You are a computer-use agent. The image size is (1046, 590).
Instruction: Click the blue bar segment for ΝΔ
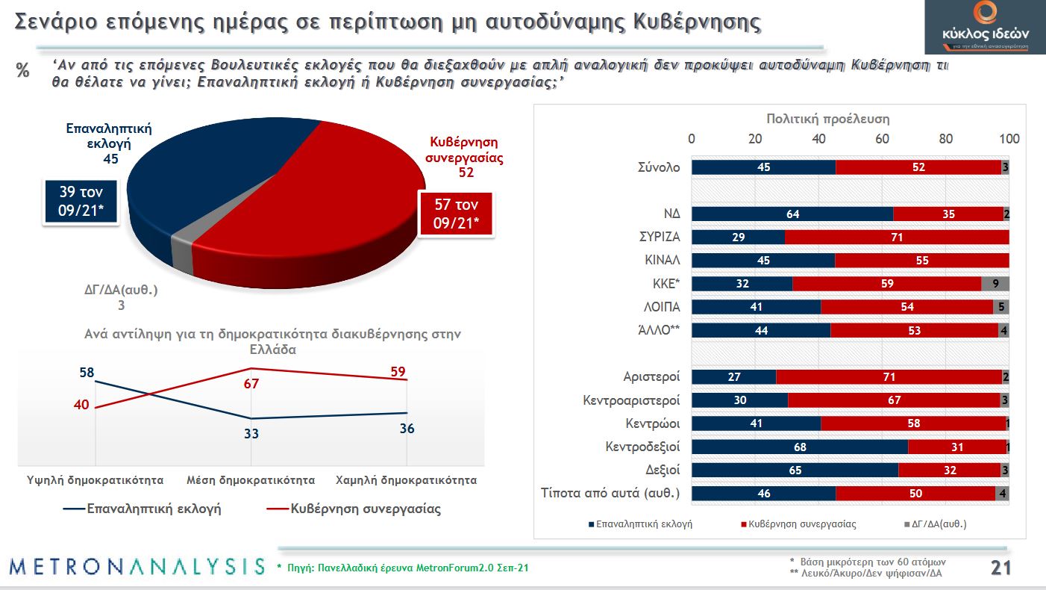click(792, 214)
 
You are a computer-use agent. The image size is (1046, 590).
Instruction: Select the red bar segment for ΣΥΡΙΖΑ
click(897, 237)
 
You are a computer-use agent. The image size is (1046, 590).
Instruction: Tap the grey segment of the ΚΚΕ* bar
click(995, 284)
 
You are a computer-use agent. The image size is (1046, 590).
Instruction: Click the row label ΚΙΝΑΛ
click(662, 261)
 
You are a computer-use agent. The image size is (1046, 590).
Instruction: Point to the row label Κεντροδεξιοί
click(642, 447)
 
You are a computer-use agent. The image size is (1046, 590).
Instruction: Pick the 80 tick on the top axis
click(946, 139)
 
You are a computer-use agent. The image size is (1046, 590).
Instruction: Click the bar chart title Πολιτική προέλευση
click(828, 119)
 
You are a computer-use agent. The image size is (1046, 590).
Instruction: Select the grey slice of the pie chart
click(182, 255)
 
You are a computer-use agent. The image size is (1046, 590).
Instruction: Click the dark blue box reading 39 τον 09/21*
click(81, 202)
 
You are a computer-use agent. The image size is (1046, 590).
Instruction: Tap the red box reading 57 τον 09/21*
click(455, 214)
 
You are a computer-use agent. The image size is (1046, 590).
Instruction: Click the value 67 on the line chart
click(251, 383)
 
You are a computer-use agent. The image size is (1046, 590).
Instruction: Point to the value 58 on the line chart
click(87, 371)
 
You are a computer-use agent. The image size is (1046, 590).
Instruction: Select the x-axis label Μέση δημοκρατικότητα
click(251, 479)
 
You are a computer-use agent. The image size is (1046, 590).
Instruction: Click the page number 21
click(1000, 568)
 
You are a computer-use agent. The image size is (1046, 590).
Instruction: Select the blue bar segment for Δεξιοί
click(795, 471)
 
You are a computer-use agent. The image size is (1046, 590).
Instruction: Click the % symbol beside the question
click(23, 72)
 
